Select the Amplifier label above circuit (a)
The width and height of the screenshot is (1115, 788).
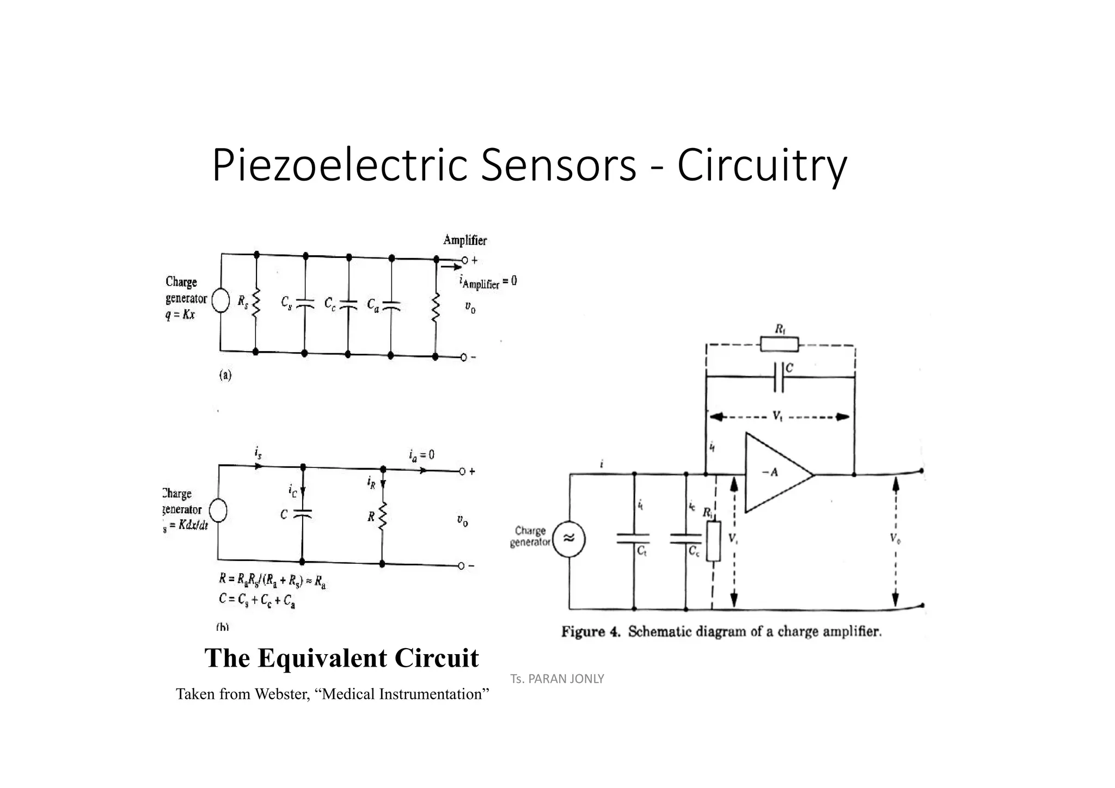(465, 240)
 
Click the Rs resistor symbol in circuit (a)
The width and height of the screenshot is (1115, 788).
(256, 303)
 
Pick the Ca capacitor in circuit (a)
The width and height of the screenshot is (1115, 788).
(391, 305)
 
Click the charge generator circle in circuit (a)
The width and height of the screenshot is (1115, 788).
(220, 301)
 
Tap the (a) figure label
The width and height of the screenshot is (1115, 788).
(225, 375)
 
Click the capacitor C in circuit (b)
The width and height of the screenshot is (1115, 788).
(302, 514)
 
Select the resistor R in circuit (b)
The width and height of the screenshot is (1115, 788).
(382, 516)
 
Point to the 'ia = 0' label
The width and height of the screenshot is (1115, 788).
(421, 455)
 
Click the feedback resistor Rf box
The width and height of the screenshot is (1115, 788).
(779, 344)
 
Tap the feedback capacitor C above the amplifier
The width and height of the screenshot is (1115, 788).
(779, 377)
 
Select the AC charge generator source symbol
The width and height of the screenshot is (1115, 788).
(569, 539)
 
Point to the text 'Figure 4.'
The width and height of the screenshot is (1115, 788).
(591, 632)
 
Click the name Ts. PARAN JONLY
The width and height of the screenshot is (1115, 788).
(557, 679)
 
